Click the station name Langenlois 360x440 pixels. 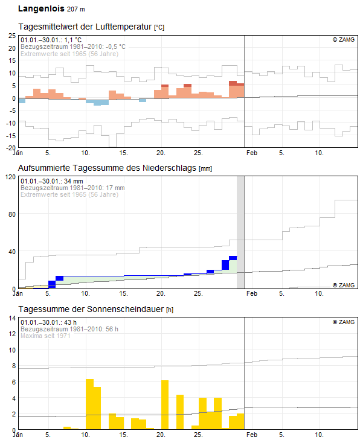[x=41, y=8]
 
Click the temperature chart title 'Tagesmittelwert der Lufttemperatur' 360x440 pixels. [x=85, y=27]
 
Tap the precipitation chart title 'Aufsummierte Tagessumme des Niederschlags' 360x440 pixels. [x=107, y=168]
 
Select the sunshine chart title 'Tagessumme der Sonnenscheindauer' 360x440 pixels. [x=91, y=309]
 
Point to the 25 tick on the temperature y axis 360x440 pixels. [x=12, y=36]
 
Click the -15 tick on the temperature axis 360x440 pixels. [x=11, y=136]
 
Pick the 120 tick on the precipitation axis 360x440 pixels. [x=11, y=177]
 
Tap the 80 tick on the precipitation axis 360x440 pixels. [x=12, y=214]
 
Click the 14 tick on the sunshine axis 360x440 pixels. [x=12, y=318]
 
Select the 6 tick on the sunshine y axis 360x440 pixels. [x=14, y=382]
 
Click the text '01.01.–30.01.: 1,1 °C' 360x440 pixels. [x=51, y=40]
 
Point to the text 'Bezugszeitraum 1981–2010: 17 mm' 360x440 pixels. [x=72, y=188]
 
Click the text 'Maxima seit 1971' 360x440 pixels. [x=45, y=336]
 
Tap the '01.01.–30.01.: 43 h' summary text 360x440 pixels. [x=48, y=322]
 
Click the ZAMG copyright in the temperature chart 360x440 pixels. [x=344, y=40]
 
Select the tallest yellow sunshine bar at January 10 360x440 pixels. [x=89, y=404]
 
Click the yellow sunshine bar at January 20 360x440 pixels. [x=165, y=404]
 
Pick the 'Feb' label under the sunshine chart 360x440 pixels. [x=252, y=435]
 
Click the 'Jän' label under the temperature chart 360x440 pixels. [x=18, y=153]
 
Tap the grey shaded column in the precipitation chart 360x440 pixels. [x=240, y=232]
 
